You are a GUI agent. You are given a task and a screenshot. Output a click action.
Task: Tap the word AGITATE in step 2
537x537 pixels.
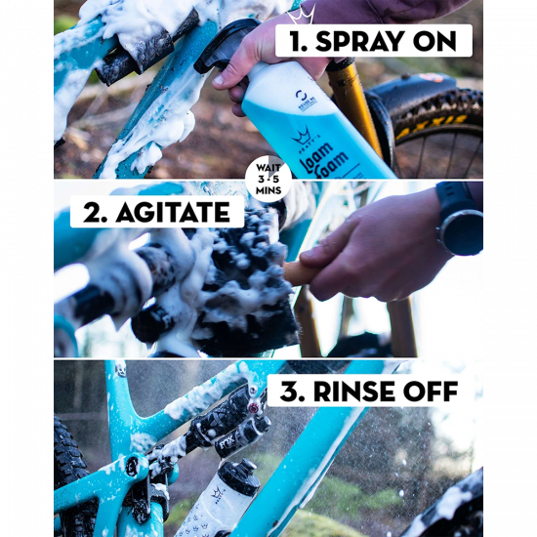[173, 212]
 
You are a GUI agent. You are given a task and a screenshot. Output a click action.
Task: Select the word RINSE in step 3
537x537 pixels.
[354, 392]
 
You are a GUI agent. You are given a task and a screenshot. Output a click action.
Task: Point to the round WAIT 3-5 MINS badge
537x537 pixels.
[268, 179]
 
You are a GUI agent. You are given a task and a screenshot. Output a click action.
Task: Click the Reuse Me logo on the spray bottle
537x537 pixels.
[306, 100]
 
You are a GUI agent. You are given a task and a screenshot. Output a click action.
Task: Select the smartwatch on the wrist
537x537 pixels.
[460, 218]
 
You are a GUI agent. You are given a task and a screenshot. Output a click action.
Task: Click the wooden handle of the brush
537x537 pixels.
[298, 273]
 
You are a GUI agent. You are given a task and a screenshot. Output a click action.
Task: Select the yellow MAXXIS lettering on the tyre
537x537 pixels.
[432, 126]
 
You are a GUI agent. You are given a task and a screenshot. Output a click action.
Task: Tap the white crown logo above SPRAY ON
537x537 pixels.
[301, 15]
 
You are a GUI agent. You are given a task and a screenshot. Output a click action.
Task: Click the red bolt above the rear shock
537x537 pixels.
[254, 408]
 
